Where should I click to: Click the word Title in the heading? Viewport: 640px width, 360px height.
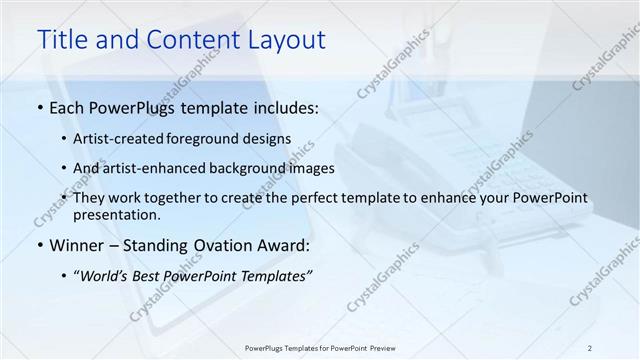[63, 40]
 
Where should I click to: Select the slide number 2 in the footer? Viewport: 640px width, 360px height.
[590, 347]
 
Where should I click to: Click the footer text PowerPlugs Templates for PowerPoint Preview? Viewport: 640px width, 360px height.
[319, 347]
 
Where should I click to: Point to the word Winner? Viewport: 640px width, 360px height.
[77, 245]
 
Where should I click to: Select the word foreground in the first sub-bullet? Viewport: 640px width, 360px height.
[204, 138]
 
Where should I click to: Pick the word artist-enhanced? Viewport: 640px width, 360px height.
[153, 168]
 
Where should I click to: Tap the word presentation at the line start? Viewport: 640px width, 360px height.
[116, 214]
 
